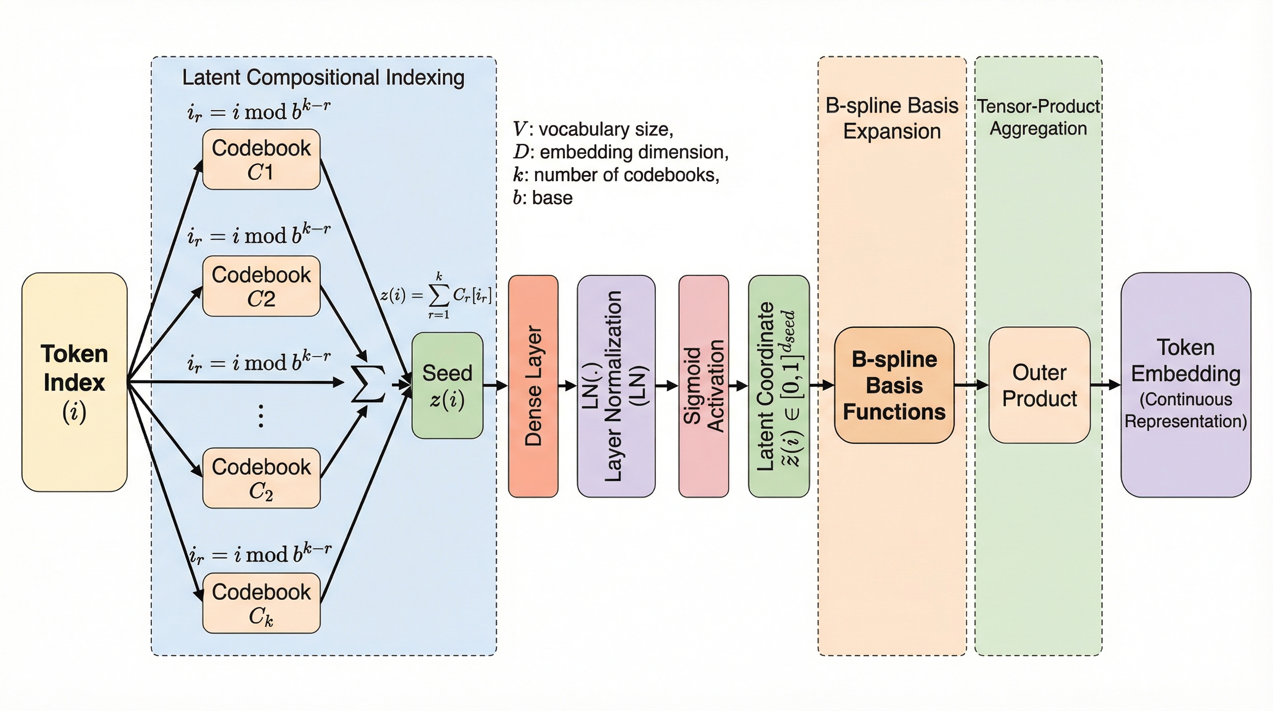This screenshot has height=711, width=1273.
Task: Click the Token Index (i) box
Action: pos(74,382)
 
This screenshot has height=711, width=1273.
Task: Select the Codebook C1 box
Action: pos(261,159)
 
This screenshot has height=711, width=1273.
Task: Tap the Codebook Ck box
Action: pos(261,603)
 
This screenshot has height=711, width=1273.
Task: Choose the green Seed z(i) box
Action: pos(447,385)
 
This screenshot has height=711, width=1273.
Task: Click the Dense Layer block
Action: pos(533,386)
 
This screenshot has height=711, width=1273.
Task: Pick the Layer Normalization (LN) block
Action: pos(616,386)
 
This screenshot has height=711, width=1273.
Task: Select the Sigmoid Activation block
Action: pos(703,386)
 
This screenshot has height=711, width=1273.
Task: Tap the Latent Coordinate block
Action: pos(779,386)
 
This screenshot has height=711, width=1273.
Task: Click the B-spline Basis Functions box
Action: pos(894,385)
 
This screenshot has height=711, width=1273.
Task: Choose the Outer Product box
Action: pos(1039,385)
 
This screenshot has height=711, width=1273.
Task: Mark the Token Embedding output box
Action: pos(1186,384)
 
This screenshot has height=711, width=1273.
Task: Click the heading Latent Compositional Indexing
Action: pos(323,78)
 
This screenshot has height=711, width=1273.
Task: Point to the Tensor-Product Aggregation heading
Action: pos(1038,117)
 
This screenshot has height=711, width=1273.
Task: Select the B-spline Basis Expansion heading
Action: pos(892,118)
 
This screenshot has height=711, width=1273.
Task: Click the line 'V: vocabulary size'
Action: pos(593,129)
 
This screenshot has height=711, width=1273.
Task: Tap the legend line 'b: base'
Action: pos(543,198)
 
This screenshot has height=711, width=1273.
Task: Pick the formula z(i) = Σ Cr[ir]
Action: pos(436,296)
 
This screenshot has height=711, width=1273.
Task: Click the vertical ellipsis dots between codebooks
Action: pos(261,415)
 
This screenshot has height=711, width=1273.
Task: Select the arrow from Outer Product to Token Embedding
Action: pos(1105,385)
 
